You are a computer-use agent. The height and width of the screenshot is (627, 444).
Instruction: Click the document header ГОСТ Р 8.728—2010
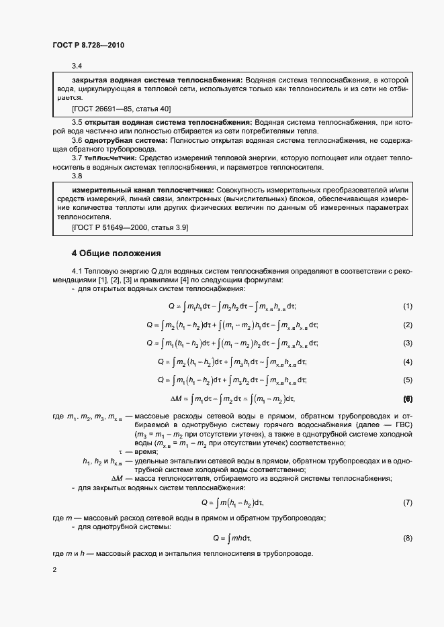[89, 46]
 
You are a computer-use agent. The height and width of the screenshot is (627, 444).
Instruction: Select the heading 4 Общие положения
[116, 253]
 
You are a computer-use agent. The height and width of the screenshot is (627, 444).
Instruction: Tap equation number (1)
[407, 306]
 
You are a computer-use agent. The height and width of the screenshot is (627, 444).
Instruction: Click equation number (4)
[407, 362]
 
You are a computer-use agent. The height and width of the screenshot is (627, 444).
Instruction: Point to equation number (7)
[407, 502]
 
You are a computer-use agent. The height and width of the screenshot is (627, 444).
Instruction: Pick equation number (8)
[407, 538]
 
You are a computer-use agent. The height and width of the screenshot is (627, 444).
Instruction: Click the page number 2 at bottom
[54, 570]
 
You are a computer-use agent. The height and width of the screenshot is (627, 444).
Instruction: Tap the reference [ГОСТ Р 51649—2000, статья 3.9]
[130, 228]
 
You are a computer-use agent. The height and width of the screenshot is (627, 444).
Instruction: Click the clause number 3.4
[77, 65]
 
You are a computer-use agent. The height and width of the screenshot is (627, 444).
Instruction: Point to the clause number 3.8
[77, 176]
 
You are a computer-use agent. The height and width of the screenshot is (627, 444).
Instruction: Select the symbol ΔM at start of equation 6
[176, 399]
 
